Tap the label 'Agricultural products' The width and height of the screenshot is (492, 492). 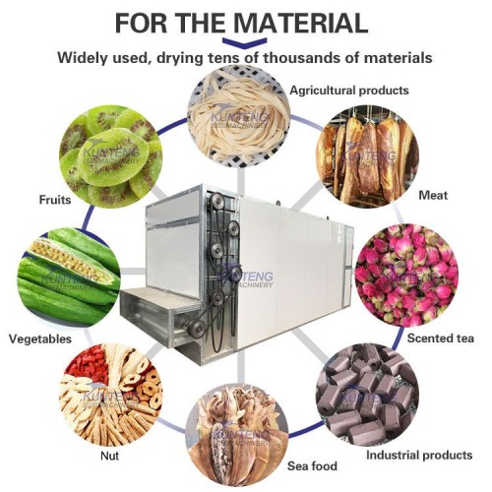(348, 91)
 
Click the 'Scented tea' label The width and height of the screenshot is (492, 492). (441, 338)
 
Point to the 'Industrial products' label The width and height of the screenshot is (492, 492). (418, 456)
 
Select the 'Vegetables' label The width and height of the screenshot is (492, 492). (39, 338)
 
